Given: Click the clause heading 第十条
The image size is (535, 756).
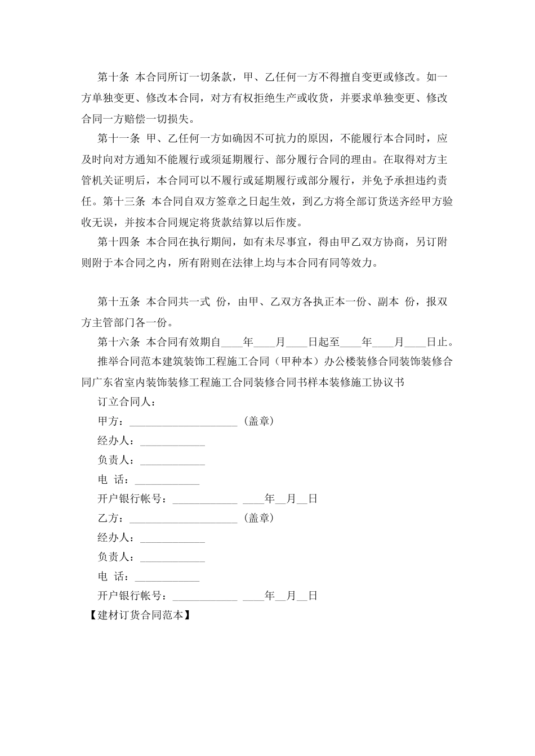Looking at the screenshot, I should point(114,77).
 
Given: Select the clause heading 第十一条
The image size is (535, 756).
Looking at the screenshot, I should point(118,138).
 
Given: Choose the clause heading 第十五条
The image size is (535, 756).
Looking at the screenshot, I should point(118,302).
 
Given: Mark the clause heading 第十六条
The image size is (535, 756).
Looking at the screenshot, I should point(118,341).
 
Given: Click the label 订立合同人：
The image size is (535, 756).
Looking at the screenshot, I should point(127,402).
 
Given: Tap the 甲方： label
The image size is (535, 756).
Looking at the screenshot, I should point(113,421).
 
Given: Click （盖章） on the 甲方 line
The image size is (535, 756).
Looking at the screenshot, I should point(258,421).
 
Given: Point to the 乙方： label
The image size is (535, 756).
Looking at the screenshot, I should point(113,518).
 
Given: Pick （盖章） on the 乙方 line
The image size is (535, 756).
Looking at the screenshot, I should point(258,518).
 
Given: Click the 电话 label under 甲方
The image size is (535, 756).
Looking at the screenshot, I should point(113,480).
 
